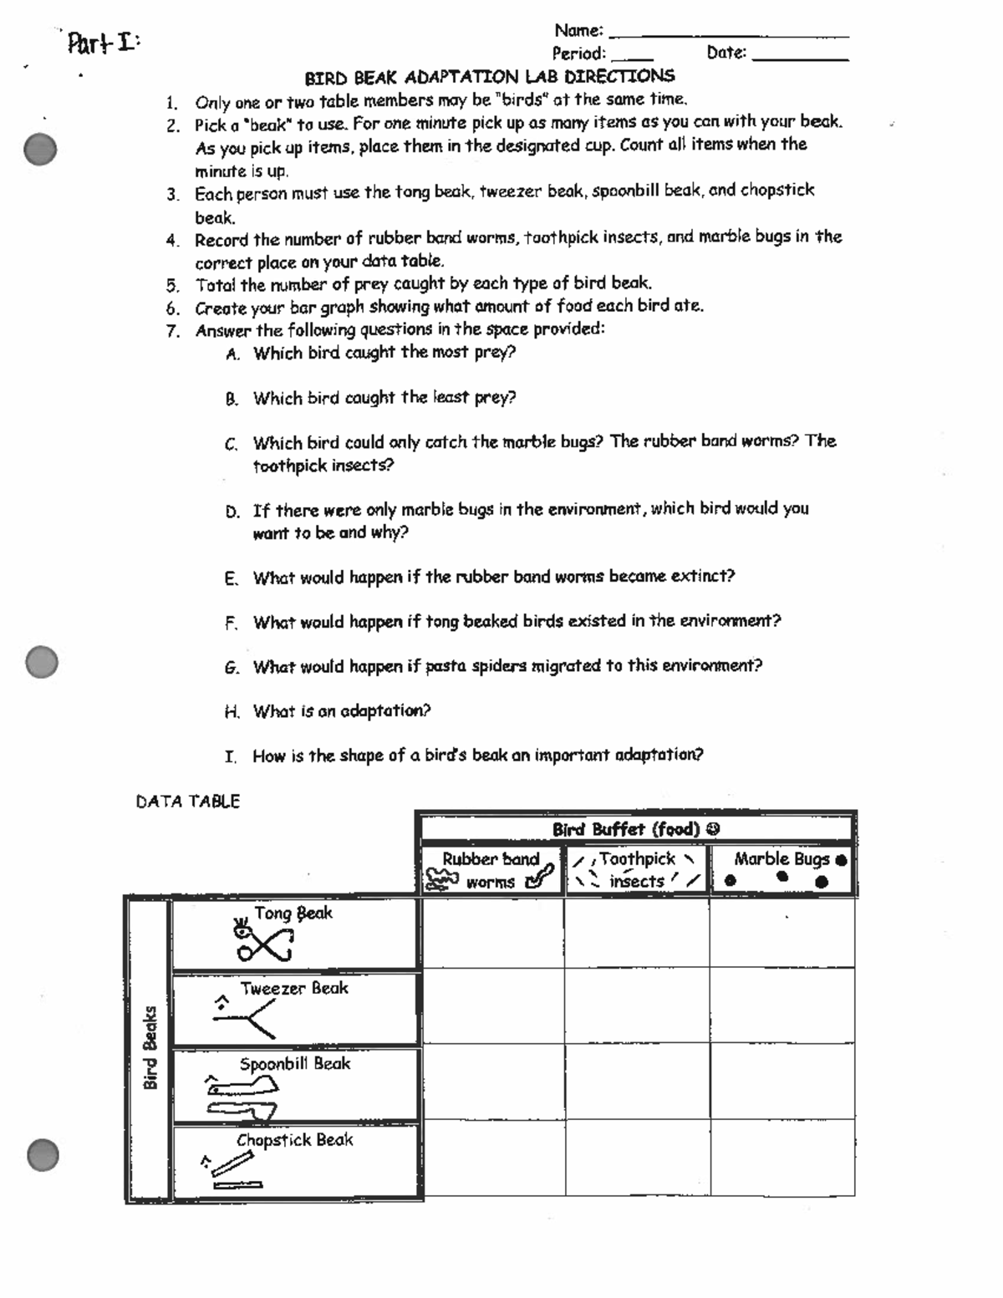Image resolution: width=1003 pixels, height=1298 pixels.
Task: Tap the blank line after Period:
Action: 632,59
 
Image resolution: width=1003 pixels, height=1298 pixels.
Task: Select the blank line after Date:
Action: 800,59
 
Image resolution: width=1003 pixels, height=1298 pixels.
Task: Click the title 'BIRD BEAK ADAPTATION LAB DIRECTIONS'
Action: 489,78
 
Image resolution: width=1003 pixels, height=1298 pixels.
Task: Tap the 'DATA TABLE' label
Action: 188,802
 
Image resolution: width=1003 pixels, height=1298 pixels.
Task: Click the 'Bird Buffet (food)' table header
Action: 635,829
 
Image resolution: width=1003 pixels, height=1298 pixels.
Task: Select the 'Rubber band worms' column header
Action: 491,870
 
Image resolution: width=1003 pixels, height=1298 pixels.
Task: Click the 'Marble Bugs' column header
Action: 782,870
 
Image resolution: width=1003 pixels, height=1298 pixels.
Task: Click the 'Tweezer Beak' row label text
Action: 294,989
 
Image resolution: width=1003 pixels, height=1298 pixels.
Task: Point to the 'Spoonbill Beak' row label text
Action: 295,1064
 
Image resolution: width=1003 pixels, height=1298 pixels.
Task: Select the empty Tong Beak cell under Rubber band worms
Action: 492,933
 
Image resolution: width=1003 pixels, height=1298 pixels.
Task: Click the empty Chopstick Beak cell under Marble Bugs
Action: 782,1158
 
